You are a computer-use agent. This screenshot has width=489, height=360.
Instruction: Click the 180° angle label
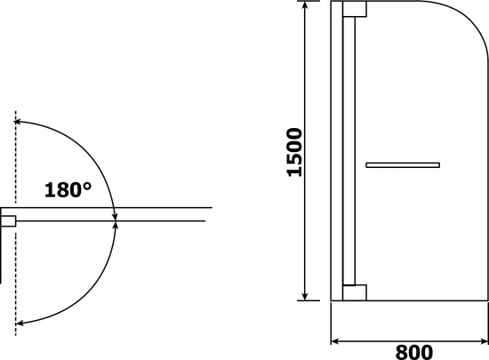[68, 190]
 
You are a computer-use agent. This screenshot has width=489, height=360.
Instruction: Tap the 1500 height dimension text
[294, 152]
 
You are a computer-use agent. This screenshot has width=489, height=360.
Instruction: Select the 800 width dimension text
[414, 352]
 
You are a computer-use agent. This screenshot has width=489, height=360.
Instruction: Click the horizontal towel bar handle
[403, 164]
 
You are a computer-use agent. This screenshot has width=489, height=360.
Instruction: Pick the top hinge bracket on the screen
[355, 9]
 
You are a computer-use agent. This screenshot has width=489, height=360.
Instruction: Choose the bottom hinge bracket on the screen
[355, 292]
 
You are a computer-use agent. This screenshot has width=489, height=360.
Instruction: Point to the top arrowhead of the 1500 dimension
[305, 5]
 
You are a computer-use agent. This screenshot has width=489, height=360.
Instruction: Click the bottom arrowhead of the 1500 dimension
[305, 296]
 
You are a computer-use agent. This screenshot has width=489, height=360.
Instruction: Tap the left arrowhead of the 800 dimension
[335, 341]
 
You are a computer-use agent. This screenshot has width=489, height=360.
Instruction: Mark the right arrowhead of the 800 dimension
[484, 341]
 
